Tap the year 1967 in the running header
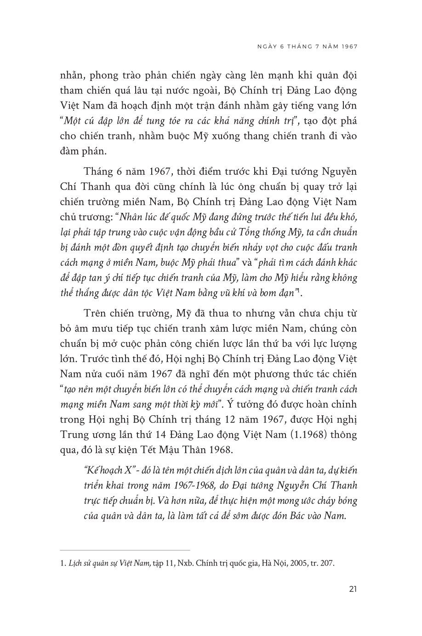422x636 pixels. tap(348, 46)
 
